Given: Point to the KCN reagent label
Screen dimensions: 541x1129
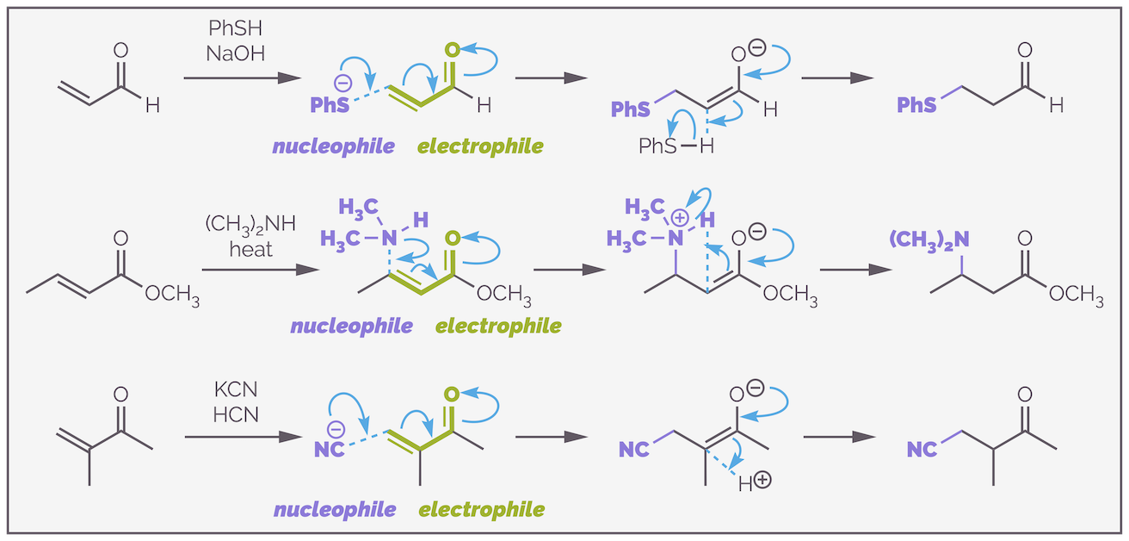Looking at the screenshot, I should tap(230, 390).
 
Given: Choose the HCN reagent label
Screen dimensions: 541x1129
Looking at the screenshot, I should tap(230, 414).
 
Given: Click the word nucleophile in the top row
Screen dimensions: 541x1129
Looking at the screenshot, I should tap(334, 146).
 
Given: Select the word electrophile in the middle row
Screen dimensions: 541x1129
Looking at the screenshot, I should tap(498, 326).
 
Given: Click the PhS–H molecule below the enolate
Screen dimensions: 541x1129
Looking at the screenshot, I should tap(676, 146).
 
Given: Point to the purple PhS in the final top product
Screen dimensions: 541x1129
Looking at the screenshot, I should tap(916, 105).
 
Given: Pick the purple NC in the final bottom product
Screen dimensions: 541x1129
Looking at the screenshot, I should tap(923, 449).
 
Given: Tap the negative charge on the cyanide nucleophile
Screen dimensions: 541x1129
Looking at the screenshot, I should tap(336, 428).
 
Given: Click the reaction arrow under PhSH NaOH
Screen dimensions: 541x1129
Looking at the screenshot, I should tap(241, 78).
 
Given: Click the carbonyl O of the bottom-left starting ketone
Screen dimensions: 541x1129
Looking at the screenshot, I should tap(120, 395).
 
